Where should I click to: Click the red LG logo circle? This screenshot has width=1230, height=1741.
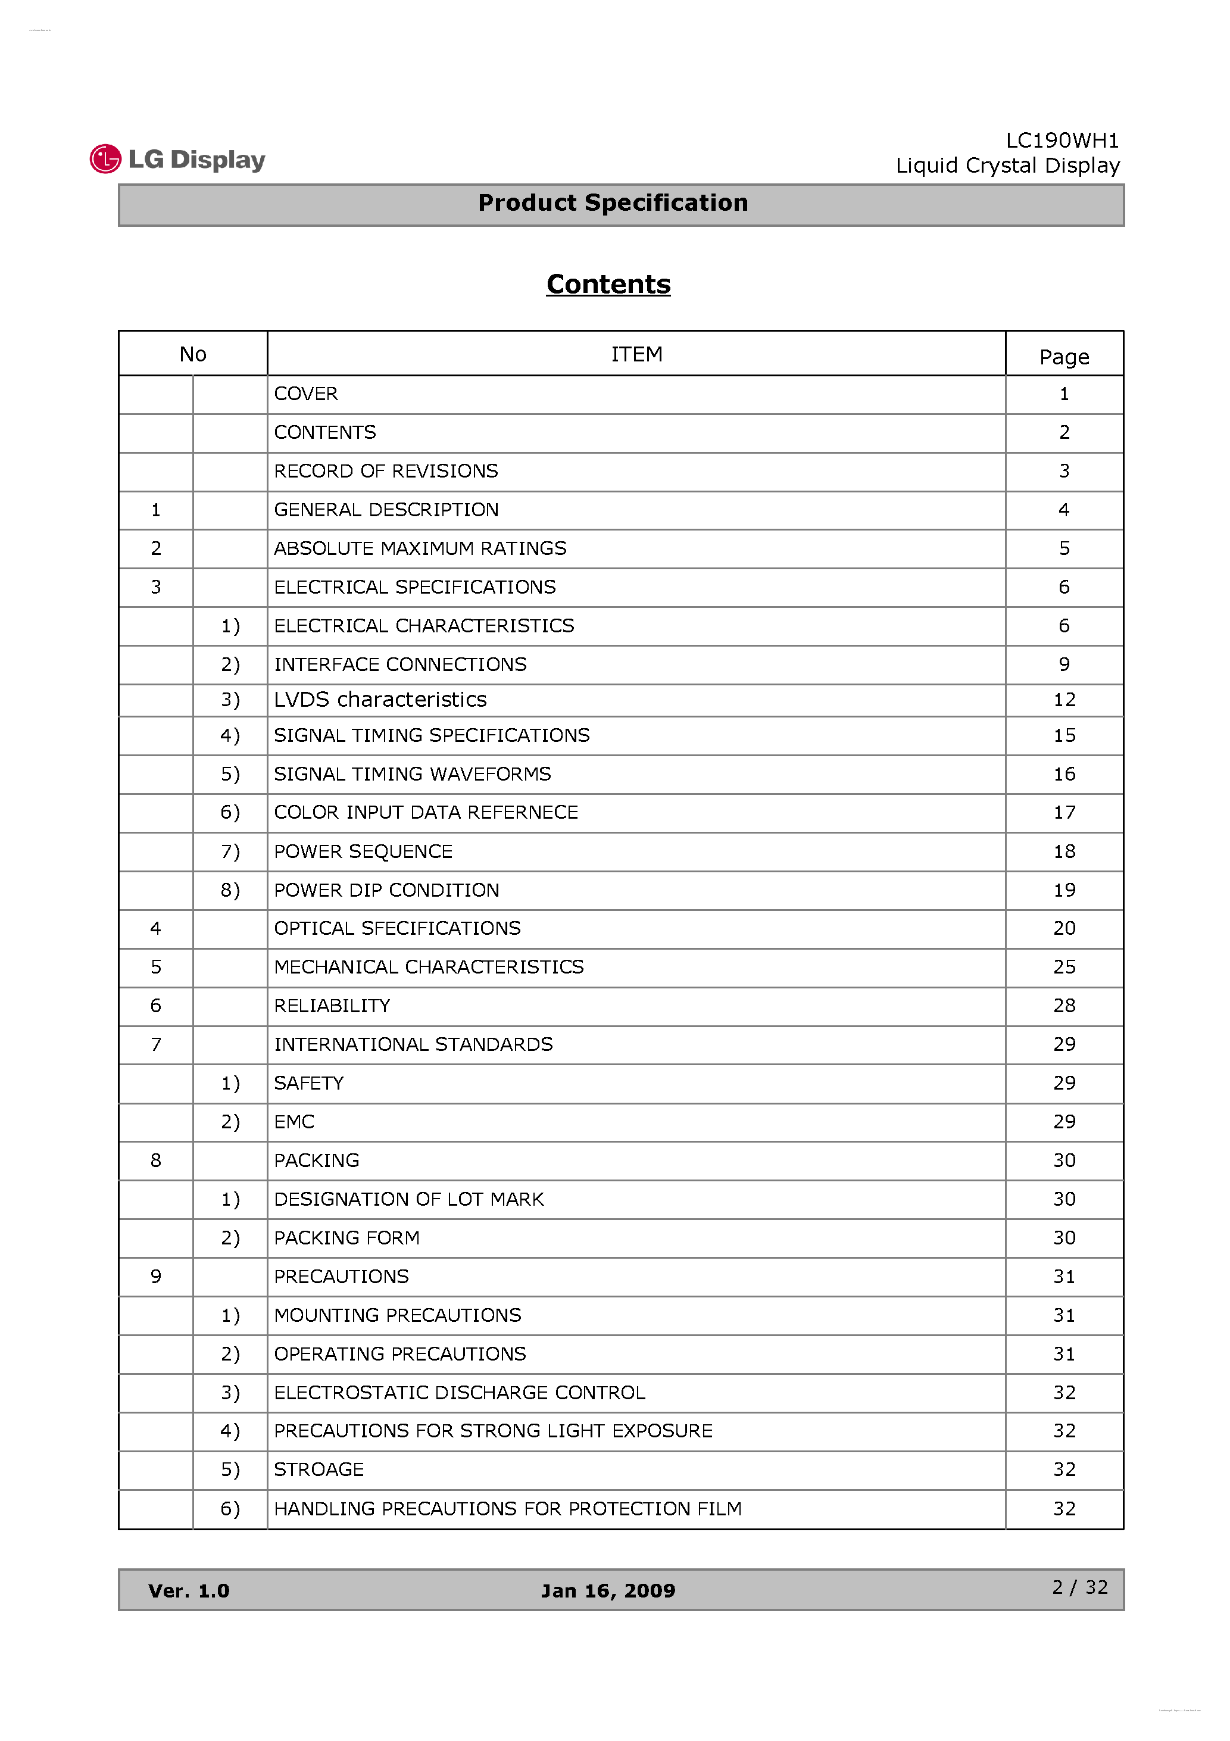pos(105,159)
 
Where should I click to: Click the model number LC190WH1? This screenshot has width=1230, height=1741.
pos(1062,141)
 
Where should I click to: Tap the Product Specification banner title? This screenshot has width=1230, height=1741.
pos(613,203)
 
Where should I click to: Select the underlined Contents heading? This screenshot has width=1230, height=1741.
pos(608,285)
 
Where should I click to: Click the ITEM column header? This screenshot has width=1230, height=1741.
pos(636,354)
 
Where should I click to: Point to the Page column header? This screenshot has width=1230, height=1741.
pos(1064,357)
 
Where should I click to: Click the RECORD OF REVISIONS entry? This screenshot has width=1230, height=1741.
pos(386,471)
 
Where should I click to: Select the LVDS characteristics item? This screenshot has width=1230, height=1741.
pos(380,699)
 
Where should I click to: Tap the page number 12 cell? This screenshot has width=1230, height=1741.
pos(1064,699)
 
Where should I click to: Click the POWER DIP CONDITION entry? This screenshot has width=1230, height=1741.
pos(386,890)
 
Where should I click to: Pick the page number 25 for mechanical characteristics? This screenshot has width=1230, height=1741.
pos(1064,967)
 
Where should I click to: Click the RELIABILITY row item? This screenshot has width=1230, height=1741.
pos(332,1006)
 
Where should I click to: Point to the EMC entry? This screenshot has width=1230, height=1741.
pos(294,1122)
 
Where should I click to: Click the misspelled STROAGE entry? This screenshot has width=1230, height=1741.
pos(319,1469)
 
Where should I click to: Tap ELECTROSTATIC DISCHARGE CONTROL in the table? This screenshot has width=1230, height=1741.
pos(459,1392)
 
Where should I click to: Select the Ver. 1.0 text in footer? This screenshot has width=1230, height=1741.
pos(189,1590)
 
